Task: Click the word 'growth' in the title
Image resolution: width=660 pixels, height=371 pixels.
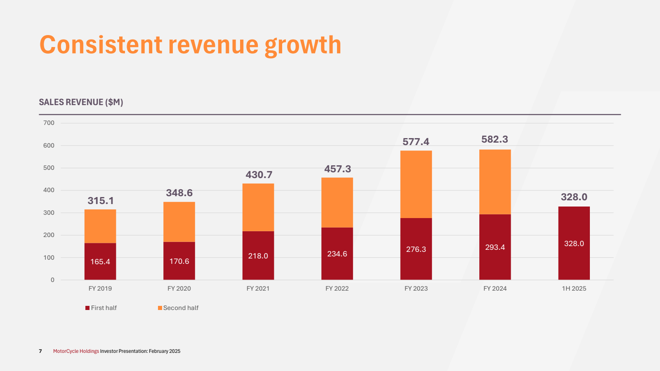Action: tap(303, 45)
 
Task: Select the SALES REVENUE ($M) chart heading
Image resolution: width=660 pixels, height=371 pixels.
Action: tap(81, 102)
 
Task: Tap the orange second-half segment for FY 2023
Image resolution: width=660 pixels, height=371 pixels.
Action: tap(416, 184)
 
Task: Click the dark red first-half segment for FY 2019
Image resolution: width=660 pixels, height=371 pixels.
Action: tap(100, 261)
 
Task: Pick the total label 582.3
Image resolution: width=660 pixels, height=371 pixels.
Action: tap(495, 139)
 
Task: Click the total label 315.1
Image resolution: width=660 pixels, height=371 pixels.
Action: tap(101, 201)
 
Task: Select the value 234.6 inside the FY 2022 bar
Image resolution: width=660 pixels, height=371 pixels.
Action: tap(337, 254)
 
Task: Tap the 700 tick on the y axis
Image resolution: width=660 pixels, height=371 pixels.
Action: tap(49, 123)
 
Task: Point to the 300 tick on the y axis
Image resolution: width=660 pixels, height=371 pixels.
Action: tap(49, 213)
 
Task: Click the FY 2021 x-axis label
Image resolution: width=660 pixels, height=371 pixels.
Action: tap(258, 289)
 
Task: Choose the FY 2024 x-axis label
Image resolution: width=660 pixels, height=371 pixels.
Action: tap(495, 289)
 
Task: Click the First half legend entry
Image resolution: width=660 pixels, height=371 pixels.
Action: tap(101, 308)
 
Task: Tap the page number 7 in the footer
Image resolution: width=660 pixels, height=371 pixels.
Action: tap(40, 351)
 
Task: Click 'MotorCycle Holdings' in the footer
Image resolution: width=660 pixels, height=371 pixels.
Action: tap(76, 351)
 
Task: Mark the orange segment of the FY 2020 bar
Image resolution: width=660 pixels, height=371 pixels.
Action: tap(179, 222)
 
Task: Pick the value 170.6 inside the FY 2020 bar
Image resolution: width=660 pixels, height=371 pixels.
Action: tap(179, 261)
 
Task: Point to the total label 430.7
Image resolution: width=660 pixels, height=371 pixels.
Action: tap(259, 175)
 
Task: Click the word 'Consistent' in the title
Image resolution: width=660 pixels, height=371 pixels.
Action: tap(101, 45)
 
